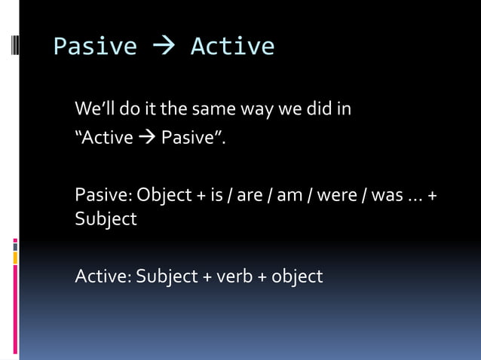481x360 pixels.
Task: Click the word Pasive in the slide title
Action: pyautogui.click(x=95, y=47)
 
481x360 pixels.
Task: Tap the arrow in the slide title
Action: pyautogui.click(x=164, y=47)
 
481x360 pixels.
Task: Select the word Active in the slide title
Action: pyautogui.click(x=232, y=47)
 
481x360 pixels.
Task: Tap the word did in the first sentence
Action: pyautogui.click(x=317, y=109)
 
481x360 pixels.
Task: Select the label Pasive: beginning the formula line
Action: pyautogui.click(x=103, y=195)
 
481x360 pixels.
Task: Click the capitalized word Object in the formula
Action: pyautogui.click(x=164, y=195)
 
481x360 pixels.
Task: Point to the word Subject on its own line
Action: pyautogui.click(x=106, y=219)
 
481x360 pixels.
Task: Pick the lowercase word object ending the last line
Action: pyautogui.click(x=297, y=276)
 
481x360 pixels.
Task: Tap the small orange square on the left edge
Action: pyautogui.click(x=15, y=258)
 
